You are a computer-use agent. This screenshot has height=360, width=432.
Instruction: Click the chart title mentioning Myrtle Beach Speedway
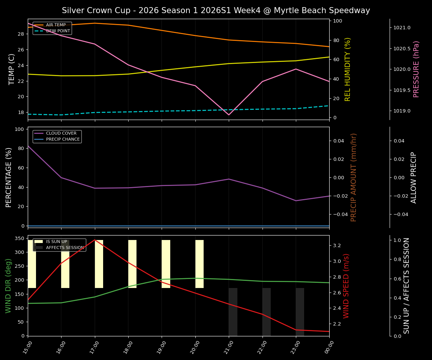point(216,10)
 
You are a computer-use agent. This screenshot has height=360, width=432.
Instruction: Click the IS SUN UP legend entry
point(56,242)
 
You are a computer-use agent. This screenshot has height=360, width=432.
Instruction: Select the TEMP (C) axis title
point(12,69)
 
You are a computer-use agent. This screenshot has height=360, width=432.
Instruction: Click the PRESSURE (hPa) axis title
point(416,69)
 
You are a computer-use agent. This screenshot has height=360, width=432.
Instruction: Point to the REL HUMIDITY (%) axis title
point(348,69)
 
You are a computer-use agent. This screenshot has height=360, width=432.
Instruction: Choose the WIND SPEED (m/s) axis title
point(346,286)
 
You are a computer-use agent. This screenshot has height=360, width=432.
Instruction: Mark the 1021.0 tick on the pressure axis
point(402,28)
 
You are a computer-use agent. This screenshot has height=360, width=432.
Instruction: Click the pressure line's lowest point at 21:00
point(229,115)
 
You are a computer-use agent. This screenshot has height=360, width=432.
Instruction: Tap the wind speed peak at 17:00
point(95,240)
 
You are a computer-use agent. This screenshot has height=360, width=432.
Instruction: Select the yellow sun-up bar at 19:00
point(166,264)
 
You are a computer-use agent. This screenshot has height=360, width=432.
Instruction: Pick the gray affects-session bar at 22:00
point(266,312)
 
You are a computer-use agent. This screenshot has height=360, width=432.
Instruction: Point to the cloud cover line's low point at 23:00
point(296,201)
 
